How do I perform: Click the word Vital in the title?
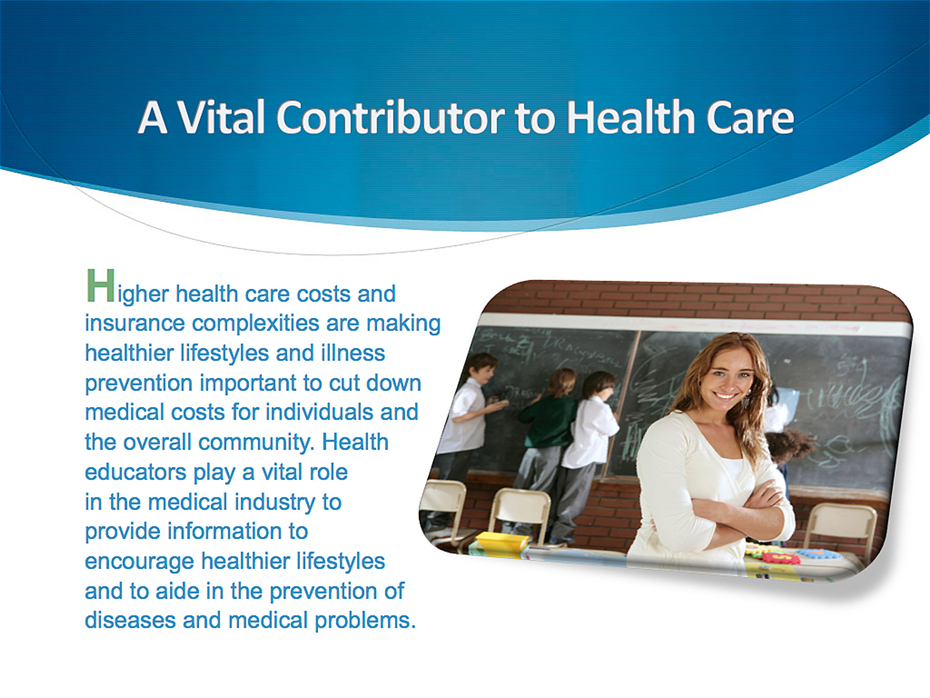[221, 117]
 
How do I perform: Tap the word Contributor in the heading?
[391, 117]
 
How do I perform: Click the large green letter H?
[100, 286]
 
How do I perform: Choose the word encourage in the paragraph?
[139, 562]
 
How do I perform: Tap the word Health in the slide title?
[630, 117]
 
